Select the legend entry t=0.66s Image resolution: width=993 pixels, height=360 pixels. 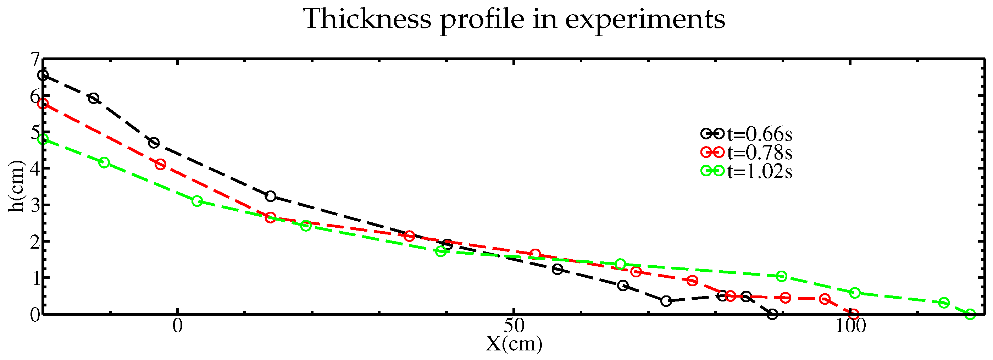(759, 134)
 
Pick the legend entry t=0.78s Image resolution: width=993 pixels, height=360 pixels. (759, 153)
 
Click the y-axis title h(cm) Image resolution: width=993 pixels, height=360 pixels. (16, 186)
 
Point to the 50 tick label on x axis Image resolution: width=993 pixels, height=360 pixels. (514, 326)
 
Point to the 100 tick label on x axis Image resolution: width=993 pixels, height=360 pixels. (850, 326)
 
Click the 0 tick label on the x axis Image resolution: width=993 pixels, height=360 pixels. (177, 326)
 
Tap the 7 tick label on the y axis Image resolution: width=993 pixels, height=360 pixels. (35, 60)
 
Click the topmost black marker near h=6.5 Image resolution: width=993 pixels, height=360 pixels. (43, 75)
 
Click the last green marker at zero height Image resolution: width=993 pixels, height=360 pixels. (970, 314)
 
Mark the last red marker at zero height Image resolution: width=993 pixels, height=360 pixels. (854, 314)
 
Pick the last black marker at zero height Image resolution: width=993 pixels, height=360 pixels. (772, 314)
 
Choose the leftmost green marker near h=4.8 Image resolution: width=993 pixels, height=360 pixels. (43, 139)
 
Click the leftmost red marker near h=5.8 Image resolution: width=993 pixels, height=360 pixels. (43, 104)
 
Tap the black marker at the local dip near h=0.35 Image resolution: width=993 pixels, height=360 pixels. (666, 301)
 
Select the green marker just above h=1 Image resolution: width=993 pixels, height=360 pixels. (781, 276)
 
